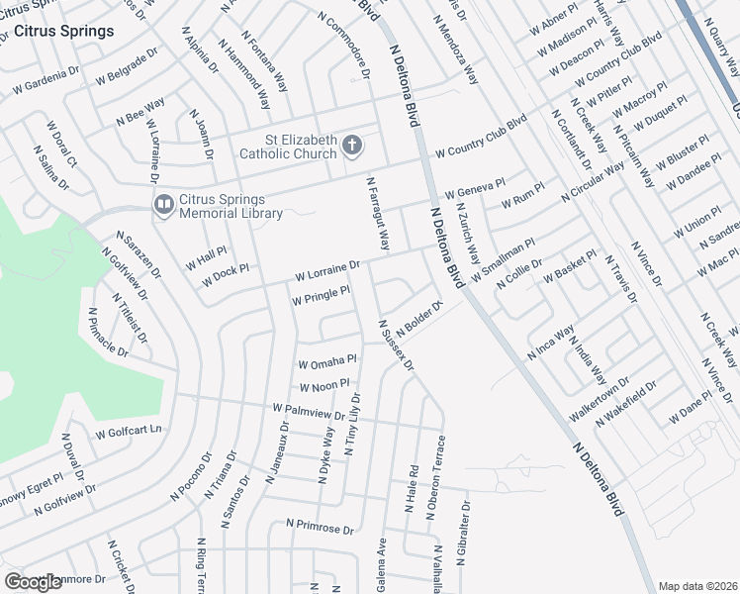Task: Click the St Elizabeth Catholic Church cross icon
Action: pyautogui.click(x=351, y=147)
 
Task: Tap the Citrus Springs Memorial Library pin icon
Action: pyautogui.click(x=163, y=205)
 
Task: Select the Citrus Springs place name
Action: pyautogui.click(x=63, y=31)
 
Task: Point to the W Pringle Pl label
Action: pyautogui.click(x=321, y=294)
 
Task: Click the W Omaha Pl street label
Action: pyautogui.click(x=326, y=362)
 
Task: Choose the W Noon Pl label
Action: pyautogui.click(x=324, y=384)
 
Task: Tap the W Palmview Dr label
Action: pyautogui.click(x=309, y=411)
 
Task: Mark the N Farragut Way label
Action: pyautogui.click(x=379, y=213)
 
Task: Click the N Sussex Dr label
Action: pyautogui.click(x=395, y=346)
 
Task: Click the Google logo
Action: pyautogui.click(x=34, y=581)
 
